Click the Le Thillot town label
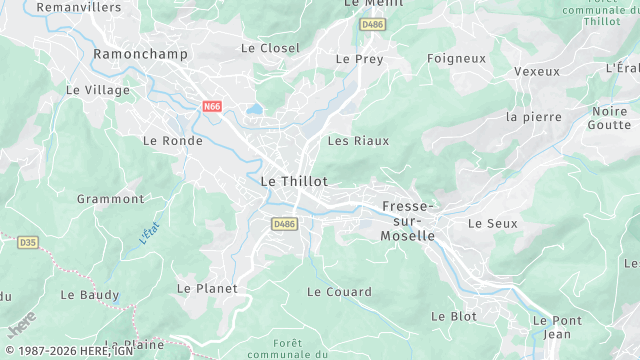(x=294, y=181)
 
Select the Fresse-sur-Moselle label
(x=408, y=221)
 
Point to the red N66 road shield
(x=212, y=105)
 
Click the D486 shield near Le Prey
(x=372, y=24)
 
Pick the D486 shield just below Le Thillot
(x=284, y=224)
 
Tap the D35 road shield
(x=27, y=242)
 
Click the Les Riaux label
(x=358, y=141)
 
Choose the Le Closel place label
(x=270, y=48)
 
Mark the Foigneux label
(x=456, y=58)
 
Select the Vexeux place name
(x=536, y=71)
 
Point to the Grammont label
(x=110, y=199)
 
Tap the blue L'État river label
(x=149, y=233)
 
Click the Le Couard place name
(x=339, y=292)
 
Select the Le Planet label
(x=207, y=288)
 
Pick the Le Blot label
(x=453, y=316)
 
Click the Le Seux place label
(x=493, y=223)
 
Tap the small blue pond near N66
(x=255, y=109)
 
